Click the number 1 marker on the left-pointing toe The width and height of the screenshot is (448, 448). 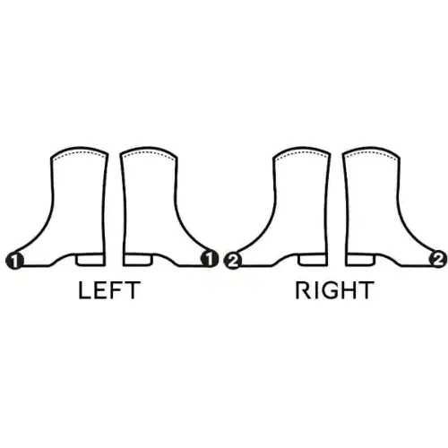(14, 260)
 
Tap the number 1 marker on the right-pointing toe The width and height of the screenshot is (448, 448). (210, 259)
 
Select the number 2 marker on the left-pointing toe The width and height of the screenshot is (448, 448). (232, 261)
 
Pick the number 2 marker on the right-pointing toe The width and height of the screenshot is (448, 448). (438, 259)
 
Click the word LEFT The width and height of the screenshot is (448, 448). (109, 290)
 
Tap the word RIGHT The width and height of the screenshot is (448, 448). (334, 290)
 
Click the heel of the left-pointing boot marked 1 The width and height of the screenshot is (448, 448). (90, 260)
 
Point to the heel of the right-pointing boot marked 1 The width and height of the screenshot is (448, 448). (138, 260)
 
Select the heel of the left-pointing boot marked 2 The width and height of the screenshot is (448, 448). (313, 260)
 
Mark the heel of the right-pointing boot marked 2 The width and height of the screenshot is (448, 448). (360, 260)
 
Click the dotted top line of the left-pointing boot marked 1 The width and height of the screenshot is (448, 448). (79, 153)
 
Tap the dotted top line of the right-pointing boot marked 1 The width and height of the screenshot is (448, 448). (149, 153)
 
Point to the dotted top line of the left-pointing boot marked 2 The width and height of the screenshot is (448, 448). (302, 153)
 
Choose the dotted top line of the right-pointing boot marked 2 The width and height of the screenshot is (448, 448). (371, 153)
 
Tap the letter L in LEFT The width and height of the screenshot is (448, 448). (84, 290)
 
